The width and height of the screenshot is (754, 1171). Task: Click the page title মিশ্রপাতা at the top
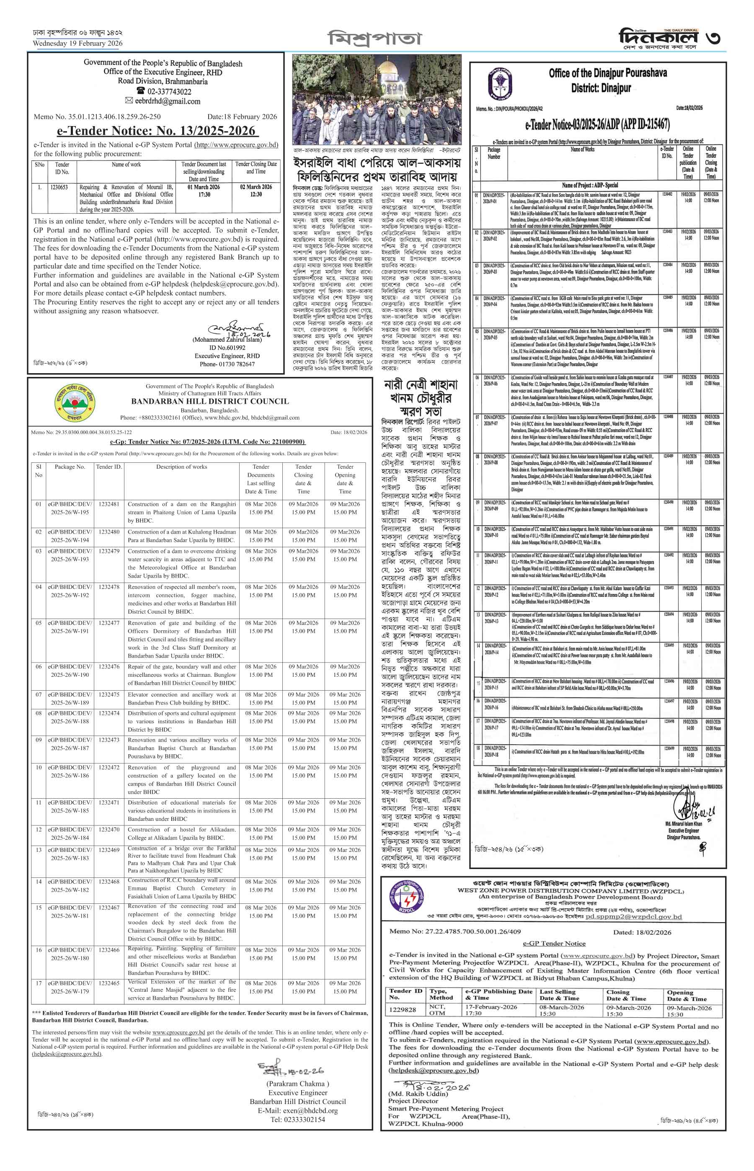click(x=374, y=38)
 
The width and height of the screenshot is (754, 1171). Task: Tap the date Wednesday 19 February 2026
click(x=77, y=44)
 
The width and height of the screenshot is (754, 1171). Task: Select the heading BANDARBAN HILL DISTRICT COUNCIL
click(x=209, y=401)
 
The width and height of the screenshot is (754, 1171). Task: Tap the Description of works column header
click(x=182, y=467)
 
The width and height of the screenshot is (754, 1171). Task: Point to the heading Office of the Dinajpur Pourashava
click(x=608, y=73)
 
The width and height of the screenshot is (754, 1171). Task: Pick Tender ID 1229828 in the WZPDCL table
click(x=403, y=1009)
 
